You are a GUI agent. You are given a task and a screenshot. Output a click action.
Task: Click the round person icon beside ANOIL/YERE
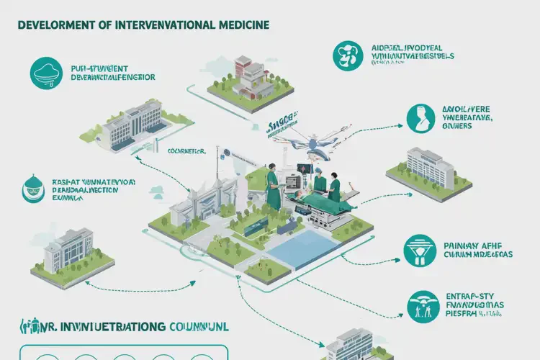pyautogui.click(x=420, y=118)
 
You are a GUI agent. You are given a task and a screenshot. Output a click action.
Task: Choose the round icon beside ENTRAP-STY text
pyautogui.click(x=421, y=305)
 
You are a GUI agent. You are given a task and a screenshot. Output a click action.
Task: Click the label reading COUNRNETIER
pyautogui.click(x=186, y=151)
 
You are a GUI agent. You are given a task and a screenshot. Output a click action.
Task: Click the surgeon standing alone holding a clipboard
pyautogui.click(x=273, y=185)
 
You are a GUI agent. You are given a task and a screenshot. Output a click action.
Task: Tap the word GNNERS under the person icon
pyautogui.click(x=454, y=126)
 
